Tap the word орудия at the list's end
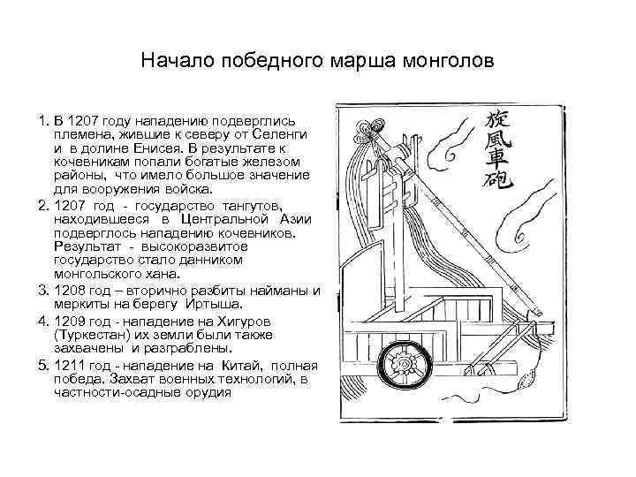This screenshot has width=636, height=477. coord(207,391)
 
